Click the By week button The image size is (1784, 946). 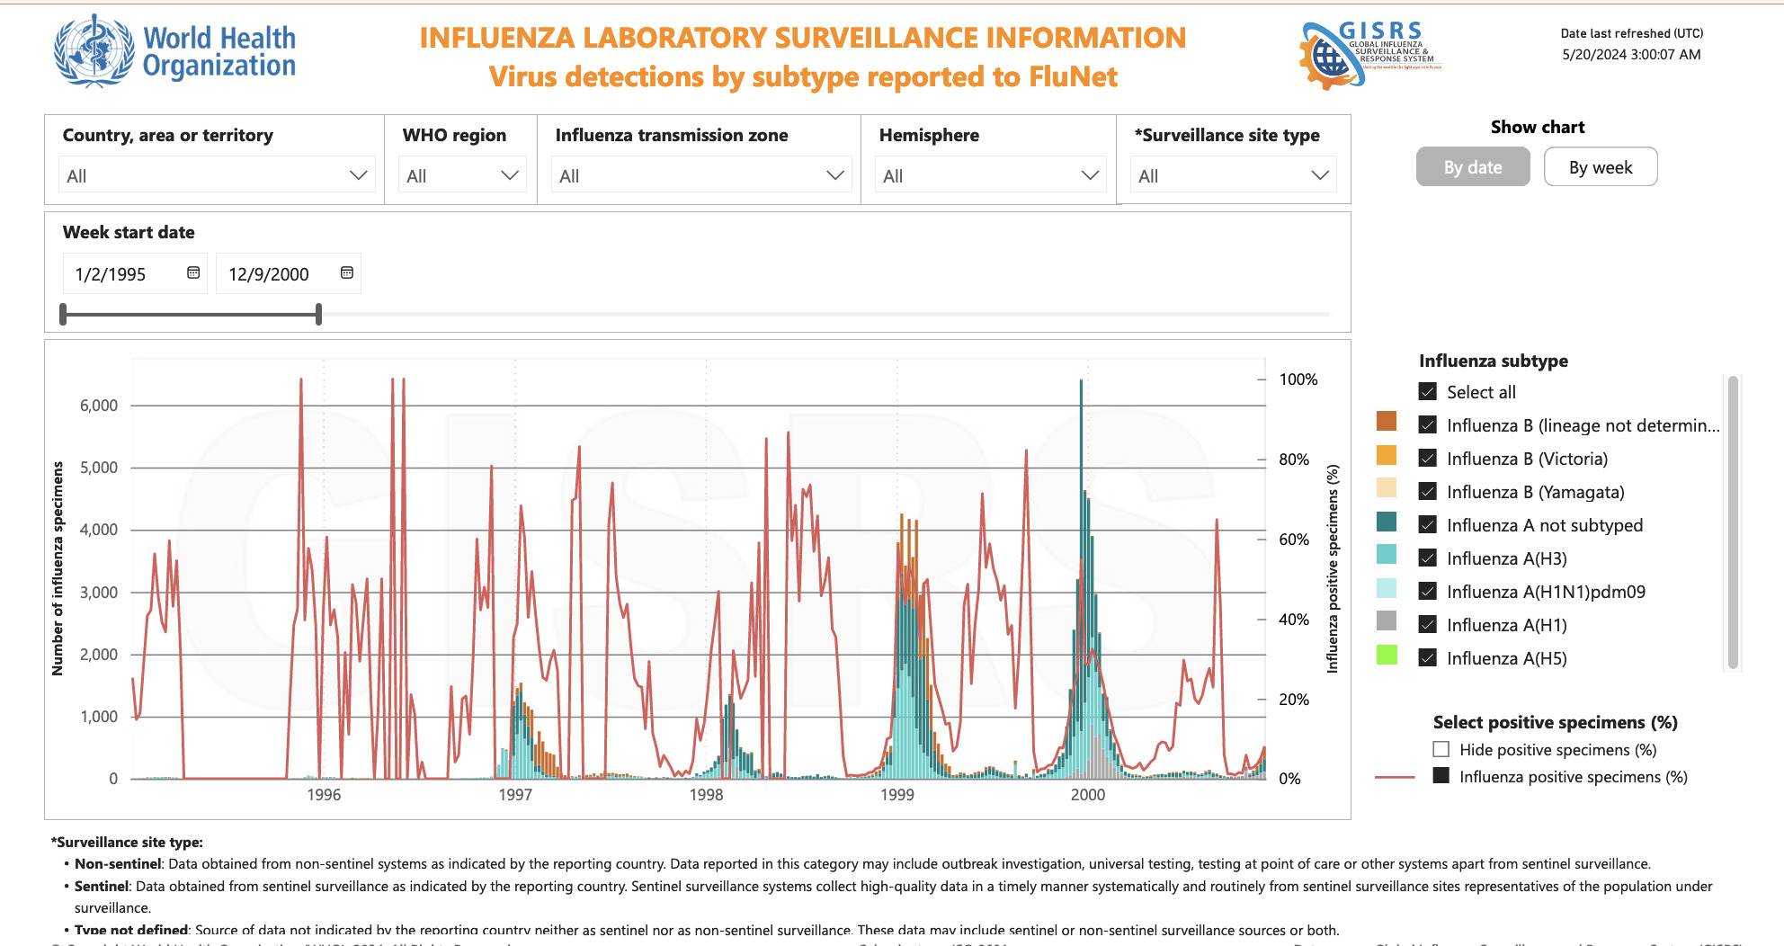(1600, 167)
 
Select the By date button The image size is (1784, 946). (1472, 167)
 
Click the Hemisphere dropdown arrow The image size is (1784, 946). (1090, 175)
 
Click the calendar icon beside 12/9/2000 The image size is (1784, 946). (347, 272)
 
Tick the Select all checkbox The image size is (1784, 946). (1427, 392)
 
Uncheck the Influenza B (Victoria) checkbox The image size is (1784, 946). (1427, 459)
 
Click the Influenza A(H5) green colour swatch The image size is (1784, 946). (1387, 656)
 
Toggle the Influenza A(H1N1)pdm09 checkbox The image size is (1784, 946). (1427, 592)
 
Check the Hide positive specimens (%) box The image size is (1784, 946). (1441, 750)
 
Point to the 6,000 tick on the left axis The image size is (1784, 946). (99, 406)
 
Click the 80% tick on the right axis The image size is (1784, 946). (1294, 460)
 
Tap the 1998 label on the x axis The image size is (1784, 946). (706, 795)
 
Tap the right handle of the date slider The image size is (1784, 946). (318, 314)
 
